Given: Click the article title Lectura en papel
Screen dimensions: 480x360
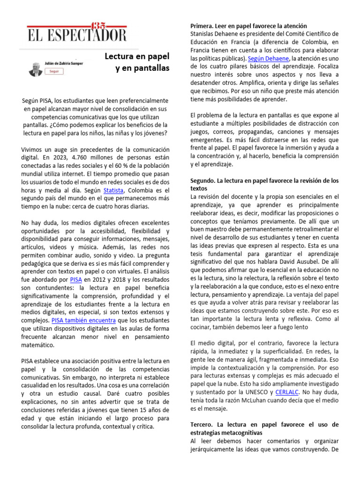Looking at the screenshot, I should [136, 57].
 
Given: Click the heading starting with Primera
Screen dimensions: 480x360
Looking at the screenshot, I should [248, 26].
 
